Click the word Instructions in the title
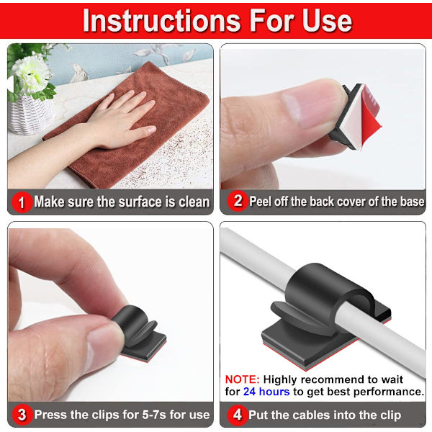[162, 21]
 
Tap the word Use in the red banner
[327, 21]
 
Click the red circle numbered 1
[22, 202]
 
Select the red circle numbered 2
[237, 201]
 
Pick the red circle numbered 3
[22, 415]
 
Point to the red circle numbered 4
[237, 415]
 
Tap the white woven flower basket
[30, 114]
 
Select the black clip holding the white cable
[325, 314]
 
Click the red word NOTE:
[242, 379]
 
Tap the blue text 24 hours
[266, 392]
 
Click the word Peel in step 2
[261, 202]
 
